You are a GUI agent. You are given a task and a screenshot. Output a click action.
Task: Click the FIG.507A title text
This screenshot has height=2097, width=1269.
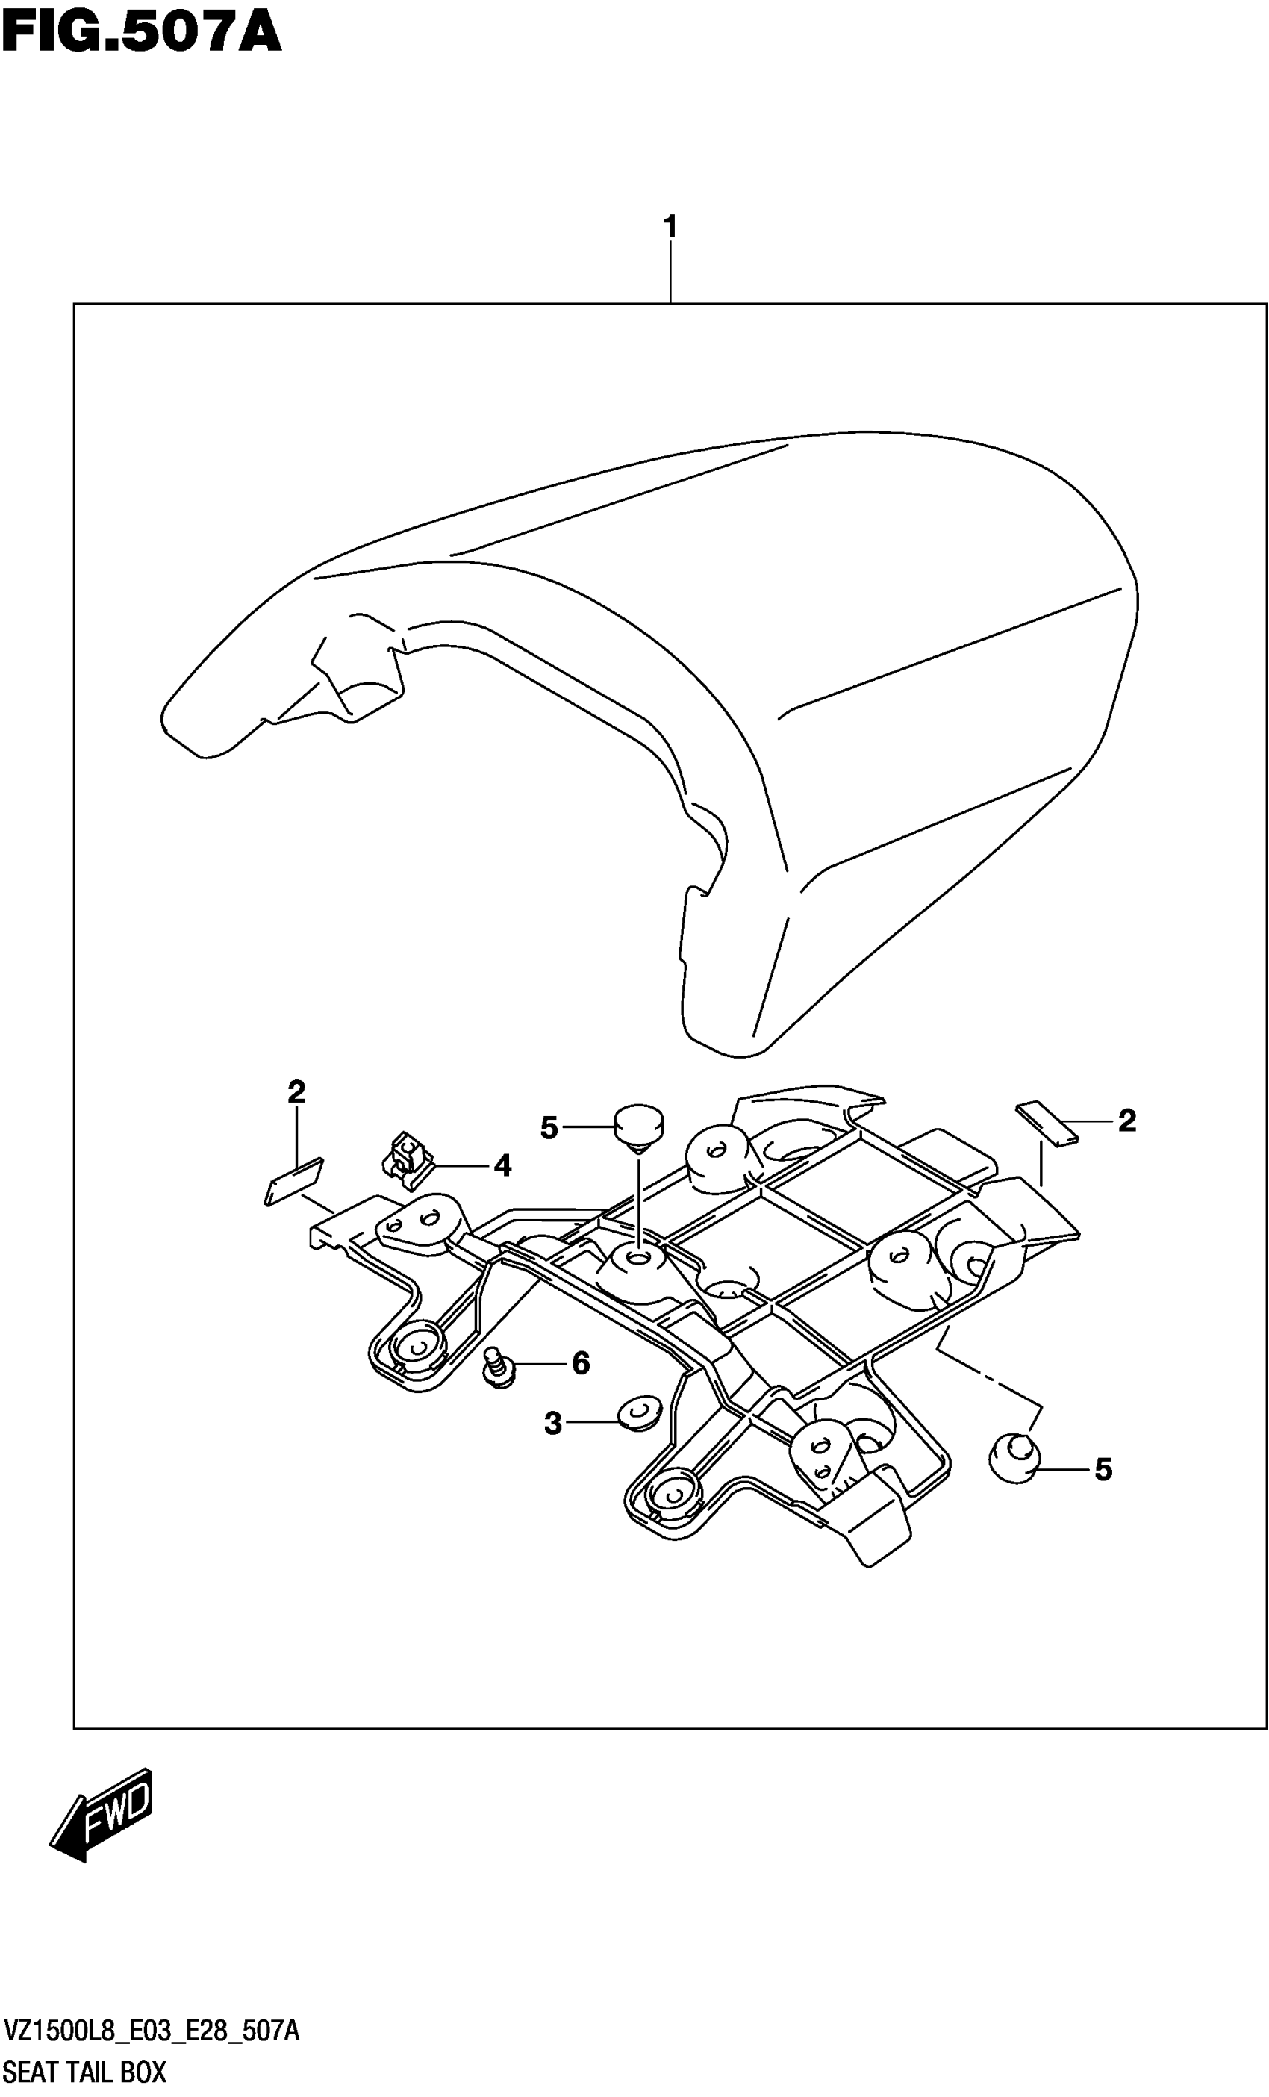pyautogui.click(x=140, y=35)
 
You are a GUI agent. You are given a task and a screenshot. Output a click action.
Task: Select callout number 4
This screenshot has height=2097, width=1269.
pyautogui.click(x=502, y=1166)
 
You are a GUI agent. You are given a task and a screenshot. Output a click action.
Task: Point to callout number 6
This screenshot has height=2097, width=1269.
pyautogui.click(x=581, y=1363)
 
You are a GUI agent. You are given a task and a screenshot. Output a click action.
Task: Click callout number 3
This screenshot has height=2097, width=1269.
pyautogui.click(x=553, y=1422)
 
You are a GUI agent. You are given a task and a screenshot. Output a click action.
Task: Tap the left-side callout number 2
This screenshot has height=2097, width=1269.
pyautogui.click(x=296, y=1092)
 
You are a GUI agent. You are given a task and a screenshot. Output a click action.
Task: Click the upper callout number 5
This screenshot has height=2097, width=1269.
pyautogui.click(x=549, y=1129)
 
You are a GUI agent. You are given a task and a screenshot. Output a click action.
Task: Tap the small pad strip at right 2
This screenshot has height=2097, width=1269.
pyautogui.click(x=1047, y=1124)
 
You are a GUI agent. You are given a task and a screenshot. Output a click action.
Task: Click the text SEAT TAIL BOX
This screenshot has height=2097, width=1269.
pyautogui.click(x=85, y=2072)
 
